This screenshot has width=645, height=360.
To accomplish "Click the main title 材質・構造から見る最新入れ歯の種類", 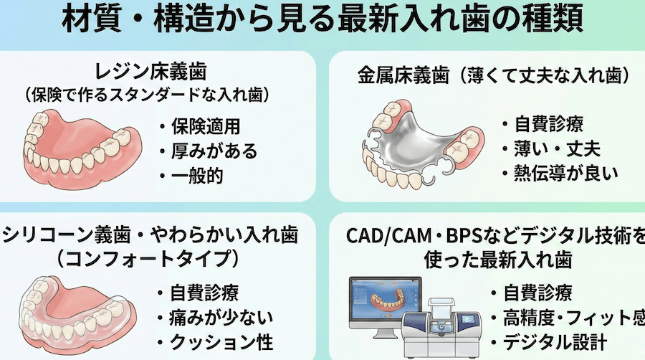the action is click(x=322, y=19).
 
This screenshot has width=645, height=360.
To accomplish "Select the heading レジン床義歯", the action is click(x=150, y=72).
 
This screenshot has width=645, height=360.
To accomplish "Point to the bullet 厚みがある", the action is click(x=208, y=151).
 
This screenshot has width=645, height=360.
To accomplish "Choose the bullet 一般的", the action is click(x=191, y=176).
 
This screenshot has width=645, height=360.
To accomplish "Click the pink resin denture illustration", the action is click(x=82, y=149).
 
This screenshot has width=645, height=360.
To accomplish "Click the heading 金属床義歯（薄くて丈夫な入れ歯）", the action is click(x=494, y=76).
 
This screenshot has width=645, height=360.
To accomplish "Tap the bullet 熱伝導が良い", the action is click(x=560, y=174).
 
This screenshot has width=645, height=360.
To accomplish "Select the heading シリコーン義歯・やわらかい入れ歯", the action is click(x=150, y=235).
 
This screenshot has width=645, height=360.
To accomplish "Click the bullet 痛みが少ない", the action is click(x=215, y=318).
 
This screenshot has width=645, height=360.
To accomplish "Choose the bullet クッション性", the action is click(x=215, y=342).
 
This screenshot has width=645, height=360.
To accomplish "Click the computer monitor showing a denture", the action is click(x=385, y=303).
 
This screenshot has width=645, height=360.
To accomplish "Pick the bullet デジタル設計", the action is click(x=549, y=342).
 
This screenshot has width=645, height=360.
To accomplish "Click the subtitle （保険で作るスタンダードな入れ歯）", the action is click(x=147, y=95).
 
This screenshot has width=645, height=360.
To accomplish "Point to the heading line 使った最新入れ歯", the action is click(x=498, y=259).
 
